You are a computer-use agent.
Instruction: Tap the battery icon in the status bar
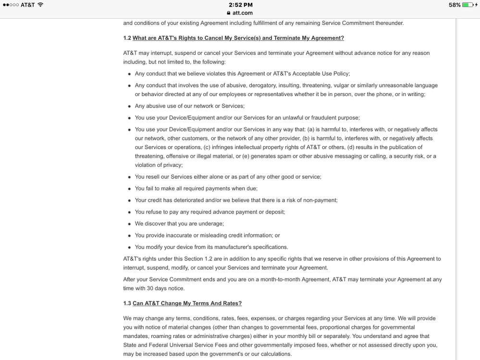click(468, 5)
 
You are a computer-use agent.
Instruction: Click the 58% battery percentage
click(455, 5)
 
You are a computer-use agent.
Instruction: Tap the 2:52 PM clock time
click(240, 5)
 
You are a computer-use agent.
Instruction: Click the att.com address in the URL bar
click(243, 13)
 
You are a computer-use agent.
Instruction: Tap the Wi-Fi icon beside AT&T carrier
click(40, 5)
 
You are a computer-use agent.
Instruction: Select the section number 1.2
click(127, 38)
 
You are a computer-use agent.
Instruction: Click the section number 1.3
click(127, 303)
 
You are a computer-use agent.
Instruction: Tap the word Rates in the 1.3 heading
click(233, 303)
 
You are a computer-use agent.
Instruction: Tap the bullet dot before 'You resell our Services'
click(130, 177)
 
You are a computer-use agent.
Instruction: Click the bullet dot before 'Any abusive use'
click(130, 106)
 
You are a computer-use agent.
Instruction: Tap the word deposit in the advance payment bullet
click(274, 212)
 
